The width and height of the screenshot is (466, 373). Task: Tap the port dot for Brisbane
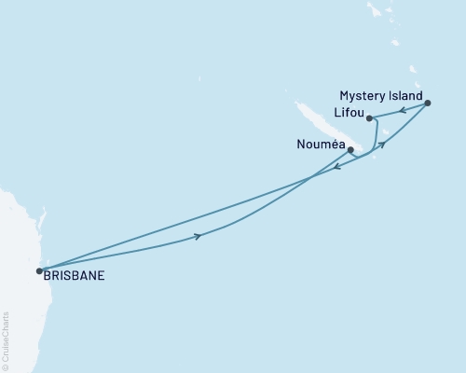(39, 271)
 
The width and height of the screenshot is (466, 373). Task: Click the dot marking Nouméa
(349, 149)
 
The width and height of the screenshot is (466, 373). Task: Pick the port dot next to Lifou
(370, 118)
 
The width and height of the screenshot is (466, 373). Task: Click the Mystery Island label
(382, 96)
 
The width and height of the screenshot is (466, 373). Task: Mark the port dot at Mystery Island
(428, 103)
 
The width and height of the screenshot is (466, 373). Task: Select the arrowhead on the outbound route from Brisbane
(198, 237)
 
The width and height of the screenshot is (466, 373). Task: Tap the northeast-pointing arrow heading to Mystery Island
(381, 145)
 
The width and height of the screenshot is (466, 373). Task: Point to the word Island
(405, 96)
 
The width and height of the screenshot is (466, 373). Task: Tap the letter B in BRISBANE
(47, 277)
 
